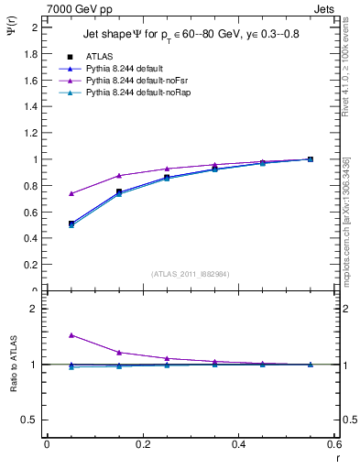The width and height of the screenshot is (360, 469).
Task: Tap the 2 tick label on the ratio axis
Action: click(x=34, y=309)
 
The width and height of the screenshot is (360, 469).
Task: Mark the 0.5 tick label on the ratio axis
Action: click(x=30, y=420)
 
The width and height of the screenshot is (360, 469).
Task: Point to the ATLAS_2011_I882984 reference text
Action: click(x=190, y=274)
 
